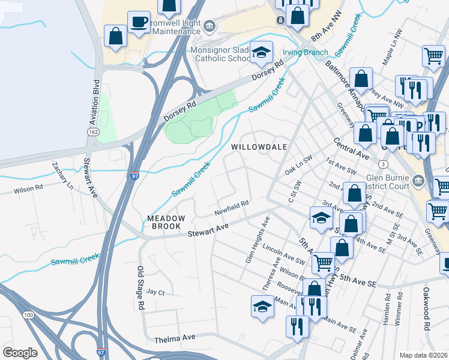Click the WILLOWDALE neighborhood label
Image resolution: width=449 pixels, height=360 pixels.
tap(259, 146)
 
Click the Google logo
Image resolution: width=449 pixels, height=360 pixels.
tap(20, 353)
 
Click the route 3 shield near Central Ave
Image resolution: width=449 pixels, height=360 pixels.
tap(382, 164)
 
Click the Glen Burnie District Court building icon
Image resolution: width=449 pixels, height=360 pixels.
tap(418, 179)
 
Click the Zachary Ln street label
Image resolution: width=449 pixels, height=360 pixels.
tap(62, 174)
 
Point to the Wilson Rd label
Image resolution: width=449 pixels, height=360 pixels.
tap(29, 191)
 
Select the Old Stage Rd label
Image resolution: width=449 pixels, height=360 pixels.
tap(140, 288)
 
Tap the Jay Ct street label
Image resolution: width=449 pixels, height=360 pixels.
tap(155, 292)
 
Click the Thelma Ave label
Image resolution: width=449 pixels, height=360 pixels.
tap(175, 338)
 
